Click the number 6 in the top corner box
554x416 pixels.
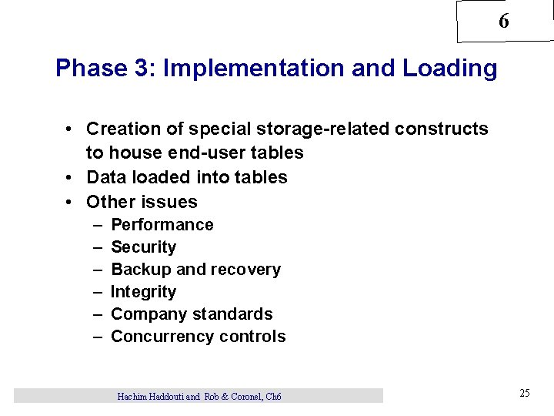503,22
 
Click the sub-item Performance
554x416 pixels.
162,225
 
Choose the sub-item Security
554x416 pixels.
144,247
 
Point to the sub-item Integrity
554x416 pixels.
144,292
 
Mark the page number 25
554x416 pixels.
525,394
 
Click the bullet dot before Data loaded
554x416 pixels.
69,177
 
